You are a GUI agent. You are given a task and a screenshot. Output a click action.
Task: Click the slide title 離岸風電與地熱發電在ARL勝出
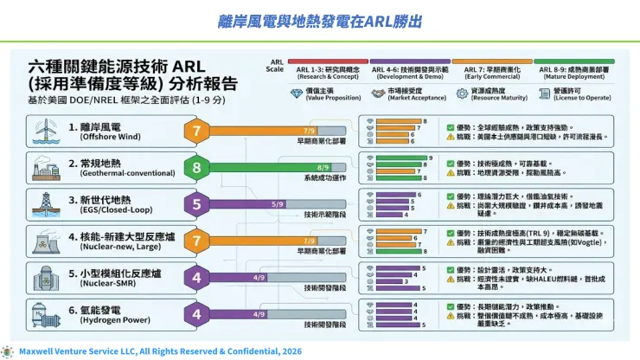(x=320, y=20)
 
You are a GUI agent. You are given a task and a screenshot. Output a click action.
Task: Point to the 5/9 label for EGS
(x=278, y=203)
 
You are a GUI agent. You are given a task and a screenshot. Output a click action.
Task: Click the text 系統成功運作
(x=323, y=177)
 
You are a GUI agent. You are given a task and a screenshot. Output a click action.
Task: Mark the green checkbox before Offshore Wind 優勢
(x=450, y=126)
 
